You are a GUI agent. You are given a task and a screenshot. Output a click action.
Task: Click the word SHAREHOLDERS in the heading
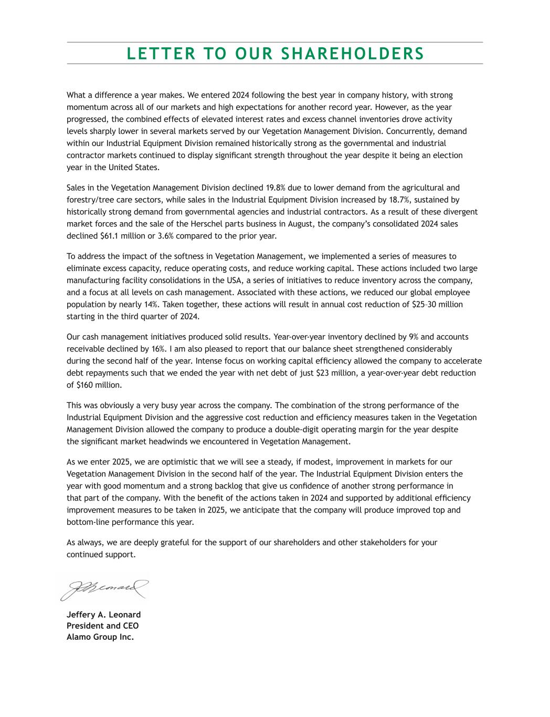[x=352, y=54]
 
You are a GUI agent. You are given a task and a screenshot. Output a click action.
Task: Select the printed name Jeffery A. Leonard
[x=103, y=615]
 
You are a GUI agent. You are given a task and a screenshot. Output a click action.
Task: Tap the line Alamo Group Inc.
[x=100, y=638]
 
